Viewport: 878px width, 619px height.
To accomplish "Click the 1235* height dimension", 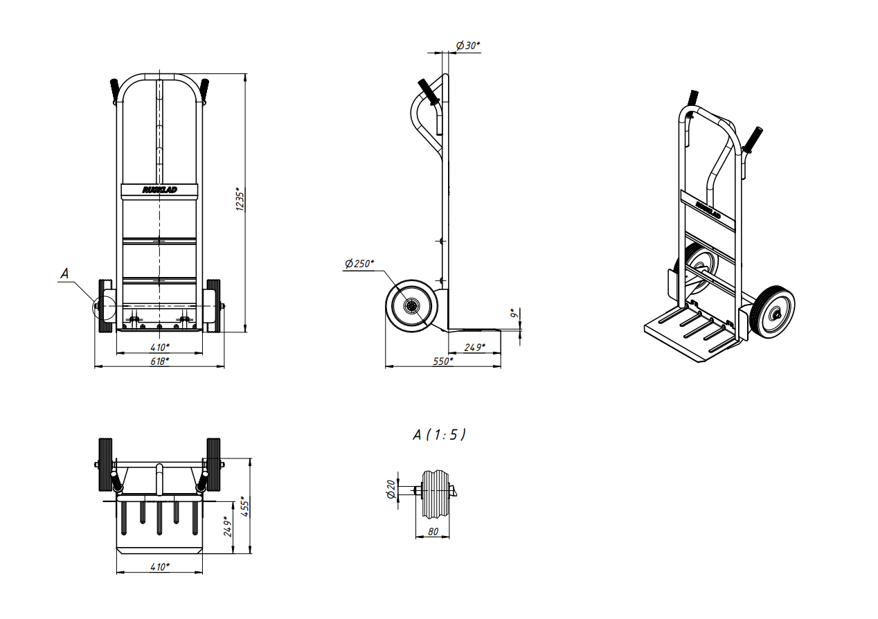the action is pos(240,200).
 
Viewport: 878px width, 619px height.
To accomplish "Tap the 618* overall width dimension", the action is pos(159,361).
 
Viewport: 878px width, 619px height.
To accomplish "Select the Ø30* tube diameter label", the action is pos(468,46).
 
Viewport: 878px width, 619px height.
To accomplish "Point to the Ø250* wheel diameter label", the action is pos(359,263).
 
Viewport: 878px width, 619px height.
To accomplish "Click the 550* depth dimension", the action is pos(443,361).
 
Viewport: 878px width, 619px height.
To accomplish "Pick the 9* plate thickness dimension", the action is pos(514,314).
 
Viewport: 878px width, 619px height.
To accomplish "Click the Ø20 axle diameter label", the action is pos(391,490).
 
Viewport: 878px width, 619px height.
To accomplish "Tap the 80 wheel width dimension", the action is pos(433,532).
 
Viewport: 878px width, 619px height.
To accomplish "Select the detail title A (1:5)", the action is pos(440,435).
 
